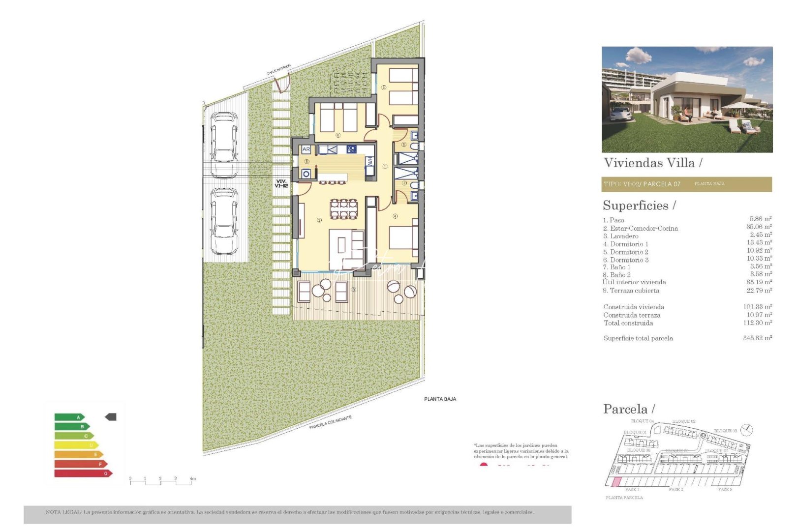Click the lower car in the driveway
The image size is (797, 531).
[x=224, y=221]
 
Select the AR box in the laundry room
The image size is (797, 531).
[x=306, y=149]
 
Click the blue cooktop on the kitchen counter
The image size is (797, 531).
[x=352, y=149]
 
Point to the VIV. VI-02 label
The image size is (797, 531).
[x=281, y=183]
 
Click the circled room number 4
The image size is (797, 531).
[x=395, y=216]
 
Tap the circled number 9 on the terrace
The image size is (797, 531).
[x=354, y=290]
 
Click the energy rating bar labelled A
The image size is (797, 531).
[x=69, y=417]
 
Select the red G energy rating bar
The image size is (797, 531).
[x=83, y=473]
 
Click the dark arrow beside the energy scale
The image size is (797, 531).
[x=111, y=417]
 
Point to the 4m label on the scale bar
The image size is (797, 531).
[x=192, y=478]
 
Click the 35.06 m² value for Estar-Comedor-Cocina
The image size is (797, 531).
[x=759, y=227]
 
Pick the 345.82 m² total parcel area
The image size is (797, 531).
[x=757, y=338]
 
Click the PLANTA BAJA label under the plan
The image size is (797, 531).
[x=440, y=399]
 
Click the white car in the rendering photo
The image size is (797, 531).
[x=618, y=114]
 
